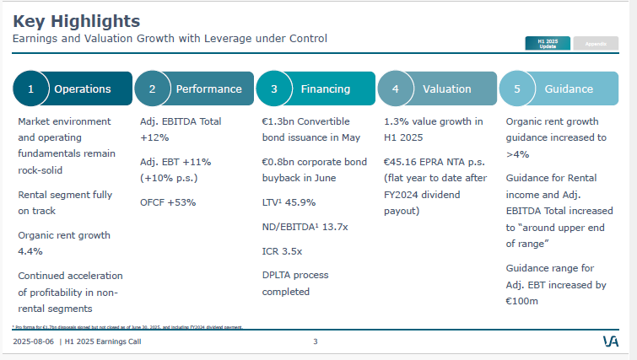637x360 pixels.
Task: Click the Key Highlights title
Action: click(77, 20)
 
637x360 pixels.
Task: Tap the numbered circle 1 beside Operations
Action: click(31, 89)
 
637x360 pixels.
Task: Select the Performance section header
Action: click(208, 89)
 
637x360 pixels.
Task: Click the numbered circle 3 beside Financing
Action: click(273, 89)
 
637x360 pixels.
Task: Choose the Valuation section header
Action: click(447, 89)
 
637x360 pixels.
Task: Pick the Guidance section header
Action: click(568, 89)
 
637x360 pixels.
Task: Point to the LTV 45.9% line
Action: click(289, 202)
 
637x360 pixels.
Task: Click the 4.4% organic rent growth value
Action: click(30, 250)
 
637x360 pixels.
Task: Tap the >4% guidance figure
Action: click(517, 154)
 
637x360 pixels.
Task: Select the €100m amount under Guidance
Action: click(523, 300)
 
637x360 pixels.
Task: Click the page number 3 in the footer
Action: click(315, 341)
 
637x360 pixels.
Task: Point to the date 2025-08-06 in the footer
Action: click(34, 341)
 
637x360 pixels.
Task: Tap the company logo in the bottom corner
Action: click(611, 341)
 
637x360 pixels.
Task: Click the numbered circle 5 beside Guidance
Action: click(516, 89)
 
